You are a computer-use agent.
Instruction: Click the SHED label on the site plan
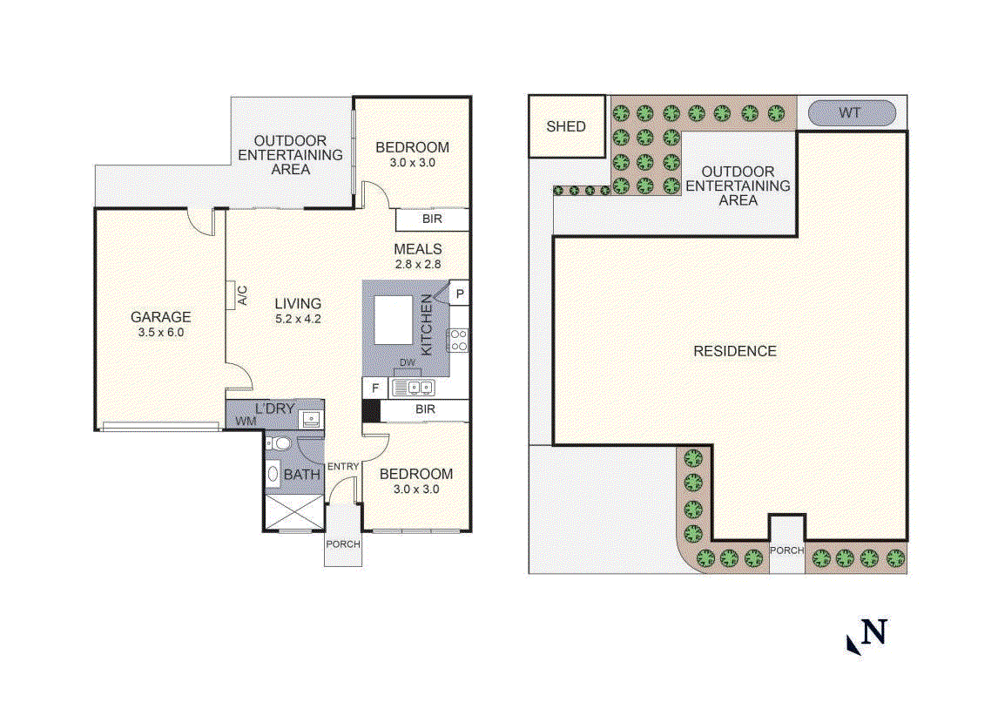[566, 126]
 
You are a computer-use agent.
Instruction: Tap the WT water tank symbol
[853, 113]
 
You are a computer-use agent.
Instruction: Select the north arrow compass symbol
[867, 636]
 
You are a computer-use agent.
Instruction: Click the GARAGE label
[160, 317]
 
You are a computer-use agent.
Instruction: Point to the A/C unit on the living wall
[233, 295]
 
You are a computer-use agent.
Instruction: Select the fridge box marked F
[374, 388]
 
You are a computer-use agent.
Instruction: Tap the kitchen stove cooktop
[458, 341]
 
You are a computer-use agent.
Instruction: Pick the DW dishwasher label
[407, 363]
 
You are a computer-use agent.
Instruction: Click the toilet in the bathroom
[278, 443]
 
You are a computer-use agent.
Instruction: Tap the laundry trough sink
[311, 420]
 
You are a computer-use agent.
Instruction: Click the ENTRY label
[343, 467]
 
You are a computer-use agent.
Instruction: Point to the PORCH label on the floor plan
[342, 544]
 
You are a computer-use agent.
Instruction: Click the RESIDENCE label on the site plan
[734, 351]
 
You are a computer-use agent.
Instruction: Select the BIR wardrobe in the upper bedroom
[432, 219]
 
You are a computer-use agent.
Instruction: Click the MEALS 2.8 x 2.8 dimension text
[417, 264]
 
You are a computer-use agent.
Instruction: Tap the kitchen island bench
[393, 320]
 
